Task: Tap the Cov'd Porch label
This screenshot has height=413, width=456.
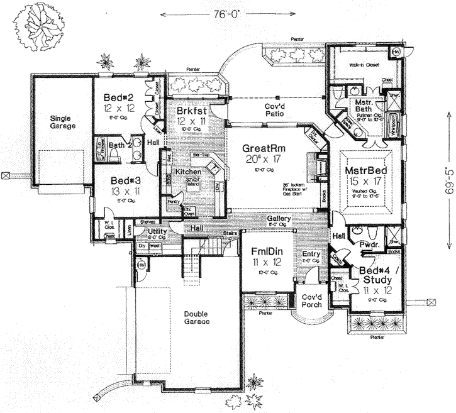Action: click(x=311, y=300)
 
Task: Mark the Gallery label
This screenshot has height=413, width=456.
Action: click(x=277, y=218)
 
